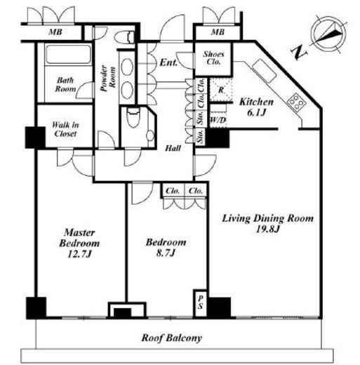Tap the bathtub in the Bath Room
68,54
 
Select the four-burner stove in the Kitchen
296,102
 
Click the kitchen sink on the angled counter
264,70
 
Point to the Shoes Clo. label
213,58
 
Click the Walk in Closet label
65,129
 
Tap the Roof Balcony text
171,338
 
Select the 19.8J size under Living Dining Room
267,229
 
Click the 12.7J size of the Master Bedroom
79,254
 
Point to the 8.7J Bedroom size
166,253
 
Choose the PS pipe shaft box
200,303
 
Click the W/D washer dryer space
218,120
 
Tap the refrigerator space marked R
221,90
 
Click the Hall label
173,148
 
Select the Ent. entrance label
168,62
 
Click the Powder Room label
108,78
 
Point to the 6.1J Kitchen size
257,113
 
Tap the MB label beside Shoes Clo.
218,32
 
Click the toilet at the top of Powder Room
125,37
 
